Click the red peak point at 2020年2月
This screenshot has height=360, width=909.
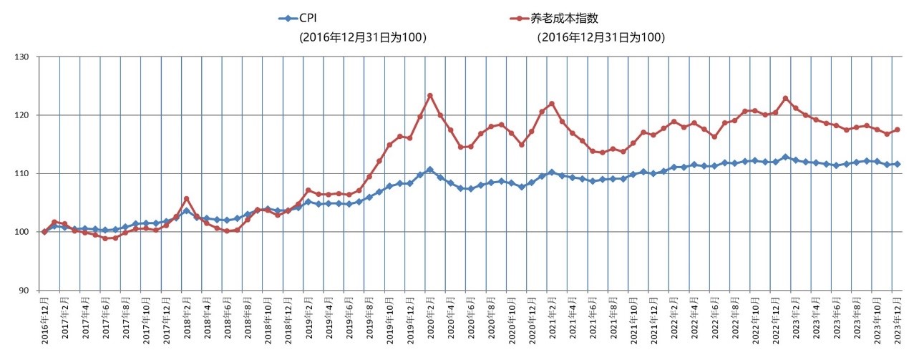pos(430,95)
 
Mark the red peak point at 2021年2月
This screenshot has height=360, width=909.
pos(552,104)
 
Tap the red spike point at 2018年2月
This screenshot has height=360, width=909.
pos(186,199)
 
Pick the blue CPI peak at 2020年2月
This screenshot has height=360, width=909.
pos(430,170)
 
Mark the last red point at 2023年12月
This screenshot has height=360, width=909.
pos(897,130)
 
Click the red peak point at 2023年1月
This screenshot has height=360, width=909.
pos(785,98)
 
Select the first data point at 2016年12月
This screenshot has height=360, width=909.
pos(44,232)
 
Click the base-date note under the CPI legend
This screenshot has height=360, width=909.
pos(363,37)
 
